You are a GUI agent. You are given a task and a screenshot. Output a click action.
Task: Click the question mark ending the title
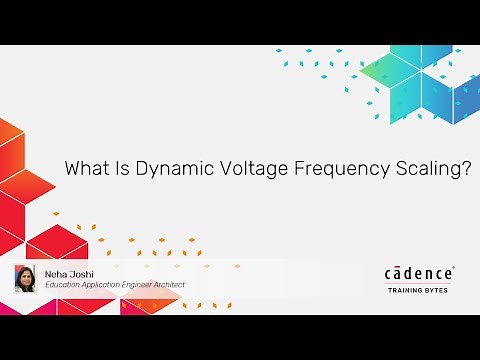(466, 169)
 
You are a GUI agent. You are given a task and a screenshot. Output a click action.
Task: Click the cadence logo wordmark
(419, 273)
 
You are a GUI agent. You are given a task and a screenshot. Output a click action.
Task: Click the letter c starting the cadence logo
(390, 274)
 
